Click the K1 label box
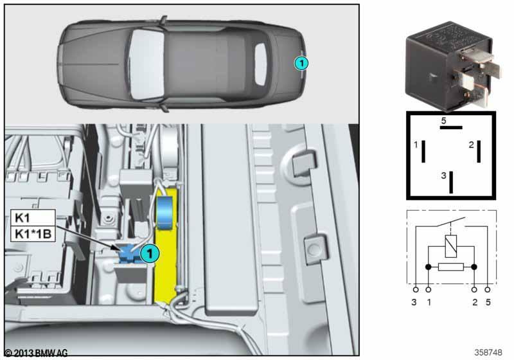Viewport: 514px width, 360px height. (33, 217)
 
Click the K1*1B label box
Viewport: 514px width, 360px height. (33, 234)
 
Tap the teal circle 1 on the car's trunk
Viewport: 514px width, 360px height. (301, 63)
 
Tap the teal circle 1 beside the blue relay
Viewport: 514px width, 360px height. (150, 253)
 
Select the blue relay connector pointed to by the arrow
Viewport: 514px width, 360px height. (128, 254)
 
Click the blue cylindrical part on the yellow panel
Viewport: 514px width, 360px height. (166, 213)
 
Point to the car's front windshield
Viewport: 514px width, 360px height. (146, 64)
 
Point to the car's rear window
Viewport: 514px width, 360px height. (261, 64)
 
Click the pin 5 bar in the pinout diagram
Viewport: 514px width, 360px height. (451, 127)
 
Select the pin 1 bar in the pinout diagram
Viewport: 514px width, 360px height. (423, 151)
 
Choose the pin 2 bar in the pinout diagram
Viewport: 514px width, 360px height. (479, 151)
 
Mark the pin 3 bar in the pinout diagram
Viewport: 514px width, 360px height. (451, 183)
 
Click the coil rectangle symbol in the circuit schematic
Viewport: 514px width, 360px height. (451, 246)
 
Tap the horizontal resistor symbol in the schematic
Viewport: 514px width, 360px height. (451, 267)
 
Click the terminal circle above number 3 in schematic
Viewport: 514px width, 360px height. (416, 290)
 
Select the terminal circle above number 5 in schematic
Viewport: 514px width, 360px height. (488, 290)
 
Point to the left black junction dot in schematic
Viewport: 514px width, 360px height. (428, 267)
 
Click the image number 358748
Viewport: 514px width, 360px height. (488, 352)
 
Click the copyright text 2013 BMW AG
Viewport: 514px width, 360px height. (36, 353)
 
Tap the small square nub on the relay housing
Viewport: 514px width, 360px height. (432, 78)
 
